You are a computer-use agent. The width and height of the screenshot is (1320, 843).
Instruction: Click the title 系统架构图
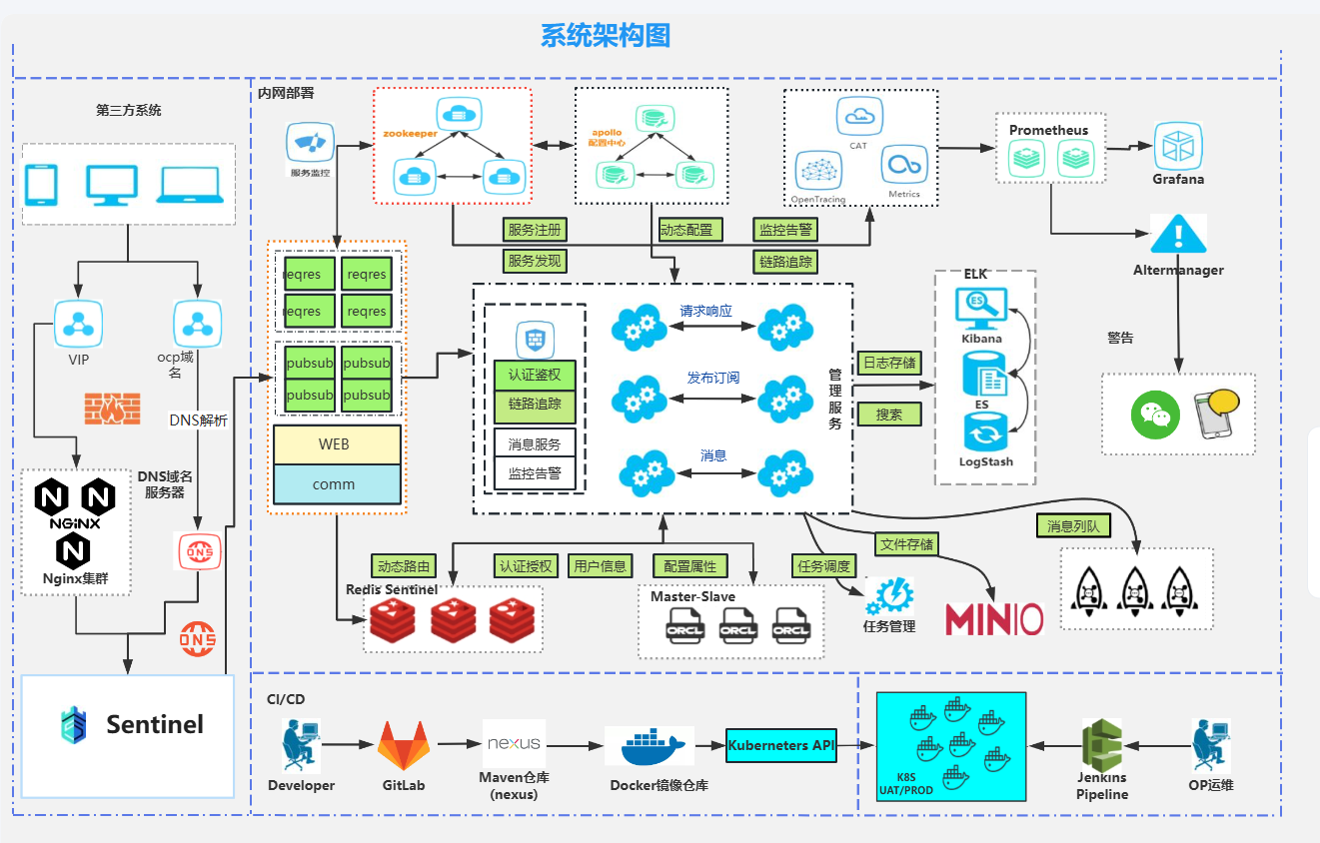[x=605, y=36]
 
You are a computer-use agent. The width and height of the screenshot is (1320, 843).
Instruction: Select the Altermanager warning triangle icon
[x=1178, y=236]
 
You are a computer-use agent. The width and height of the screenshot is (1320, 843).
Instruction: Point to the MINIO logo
[x=994, y=619]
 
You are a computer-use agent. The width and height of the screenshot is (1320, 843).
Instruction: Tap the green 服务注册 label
[x=535, y=230]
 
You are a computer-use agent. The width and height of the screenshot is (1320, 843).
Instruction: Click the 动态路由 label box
[x=404, y=566]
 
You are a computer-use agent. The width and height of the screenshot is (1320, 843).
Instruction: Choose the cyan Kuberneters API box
[x=780, y=746]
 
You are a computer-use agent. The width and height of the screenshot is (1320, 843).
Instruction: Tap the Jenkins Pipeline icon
[x=1102, y=745]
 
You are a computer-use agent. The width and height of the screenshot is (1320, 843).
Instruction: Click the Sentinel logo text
[x=155, y=724]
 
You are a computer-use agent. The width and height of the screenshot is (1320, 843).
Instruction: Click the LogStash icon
[x=985, y=434]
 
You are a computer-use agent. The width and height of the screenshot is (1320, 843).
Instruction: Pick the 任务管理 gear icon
[x=888, y=596]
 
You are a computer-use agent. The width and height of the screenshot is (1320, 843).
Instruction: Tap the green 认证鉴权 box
[x=535, y=376]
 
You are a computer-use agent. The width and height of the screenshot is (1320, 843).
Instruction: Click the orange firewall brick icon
[x=112, y=408]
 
